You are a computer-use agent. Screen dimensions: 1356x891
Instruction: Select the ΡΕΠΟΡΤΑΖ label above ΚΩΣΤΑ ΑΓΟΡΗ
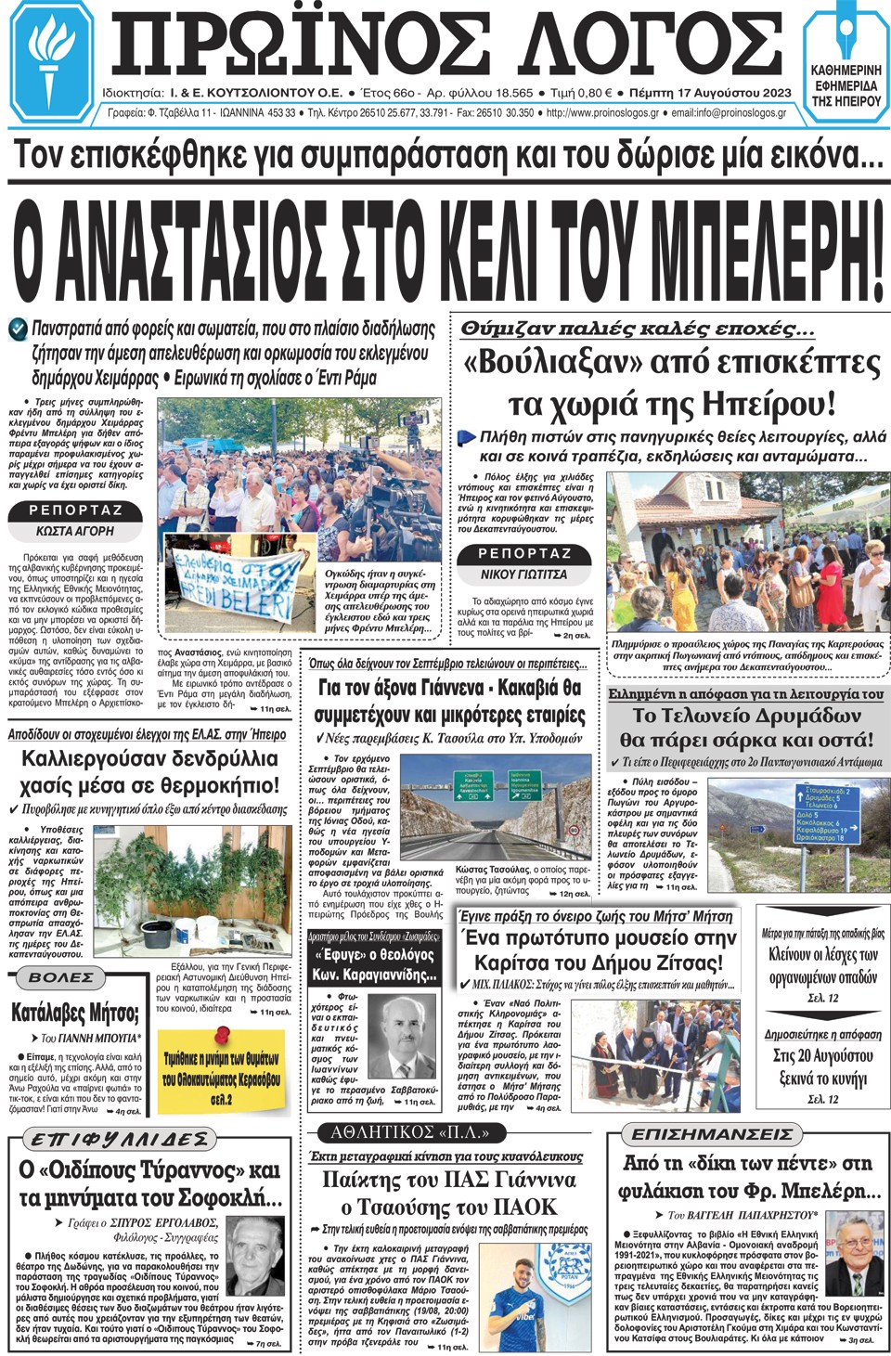point(75,510)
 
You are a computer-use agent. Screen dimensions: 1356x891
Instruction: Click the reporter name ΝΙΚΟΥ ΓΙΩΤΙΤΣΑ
point(523,575)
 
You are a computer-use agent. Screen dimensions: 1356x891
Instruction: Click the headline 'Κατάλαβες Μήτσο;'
point(75,1012)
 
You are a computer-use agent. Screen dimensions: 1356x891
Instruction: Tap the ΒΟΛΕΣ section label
point(61,977)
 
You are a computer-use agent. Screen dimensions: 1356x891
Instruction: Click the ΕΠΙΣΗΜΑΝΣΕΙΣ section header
point(712,1134)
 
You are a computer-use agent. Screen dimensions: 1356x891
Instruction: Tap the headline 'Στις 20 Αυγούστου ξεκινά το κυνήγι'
point(822,1067)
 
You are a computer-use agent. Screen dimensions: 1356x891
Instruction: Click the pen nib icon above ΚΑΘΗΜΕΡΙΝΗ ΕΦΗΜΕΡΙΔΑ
point(846,35)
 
